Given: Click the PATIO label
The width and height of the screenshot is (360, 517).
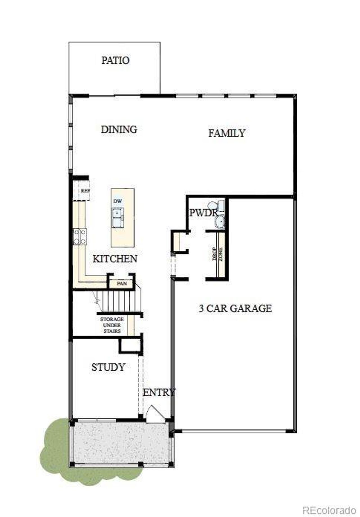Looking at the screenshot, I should tap(115, 61).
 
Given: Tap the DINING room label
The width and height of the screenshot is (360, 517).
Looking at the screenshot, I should tap(119, 129).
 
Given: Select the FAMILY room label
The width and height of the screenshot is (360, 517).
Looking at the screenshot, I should tap(227, 133).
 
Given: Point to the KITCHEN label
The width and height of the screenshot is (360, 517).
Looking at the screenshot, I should tap(115, 259).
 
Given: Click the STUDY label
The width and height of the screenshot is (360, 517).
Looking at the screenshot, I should tap(108, 367).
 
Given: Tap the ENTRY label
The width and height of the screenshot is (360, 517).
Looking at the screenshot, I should tap(159, 392).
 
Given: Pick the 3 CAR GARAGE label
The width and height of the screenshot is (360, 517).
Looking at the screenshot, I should tap(235, 308).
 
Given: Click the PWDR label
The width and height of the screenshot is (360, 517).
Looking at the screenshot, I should tap(203, 213).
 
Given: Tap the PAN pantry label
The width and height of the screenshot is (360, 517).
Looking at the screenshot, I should tap(122, 283).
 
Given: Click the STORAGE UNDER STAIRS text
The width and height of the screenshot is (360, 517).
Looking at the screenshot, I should tap(112, 325).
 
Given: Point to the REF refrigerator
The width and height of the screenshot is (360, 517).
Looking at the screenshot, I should tap(84, 191).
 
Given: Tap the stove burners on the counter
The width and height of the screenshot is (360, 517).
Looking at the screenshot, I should tap(80, 236).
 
